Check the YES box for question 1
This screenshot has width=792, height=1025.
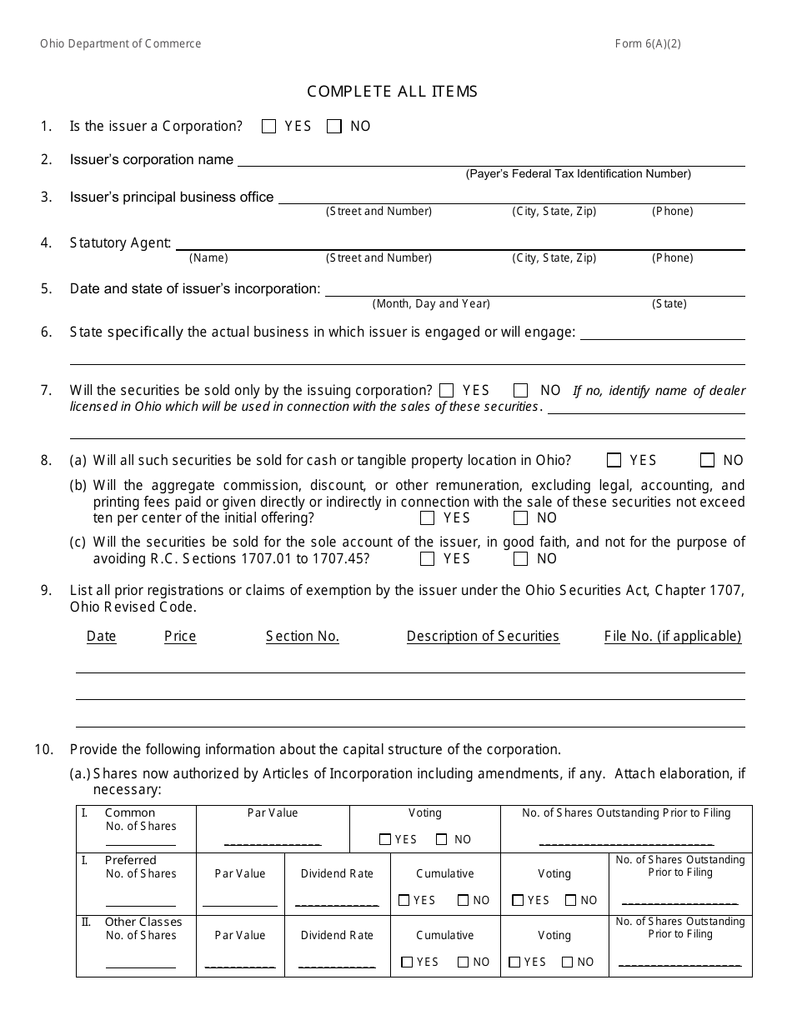268,127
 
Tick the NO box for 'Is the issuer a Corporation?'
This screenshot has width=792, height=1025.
334,127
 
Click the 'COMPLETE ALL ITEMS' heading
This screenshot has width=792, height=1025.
392,92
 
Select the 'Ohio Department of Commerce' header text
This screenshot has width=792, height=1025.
120,44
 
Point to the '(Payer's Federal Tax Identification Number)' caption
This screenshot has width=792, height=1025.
578,174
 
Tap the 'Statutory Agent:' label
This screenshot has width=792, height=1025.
121,243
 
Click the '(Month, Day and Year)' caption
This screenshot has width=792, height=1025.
431,304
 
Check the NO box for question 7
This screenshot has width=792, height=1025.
521,390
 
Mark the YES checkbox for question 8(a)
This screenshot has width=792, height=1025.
614,460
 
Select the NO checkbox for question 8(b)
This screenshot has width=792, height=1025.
521,518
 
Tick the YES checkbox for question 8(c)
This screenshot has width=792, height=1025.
428,559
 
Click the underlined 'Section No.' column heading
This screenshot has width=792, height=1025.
303,637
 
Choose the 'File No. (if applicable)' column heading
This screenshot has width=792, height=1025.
672,637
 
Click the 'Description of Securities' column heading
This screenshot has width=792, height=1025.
483,637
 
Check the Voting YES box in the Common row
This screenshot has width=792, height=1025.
384,840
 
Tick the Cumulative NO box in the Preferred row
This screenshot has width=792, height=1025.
463,901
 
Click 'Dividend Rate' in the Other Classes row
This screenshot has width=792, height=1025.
337,936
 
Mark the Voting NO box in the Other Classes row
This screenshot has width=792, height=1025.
568,962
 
